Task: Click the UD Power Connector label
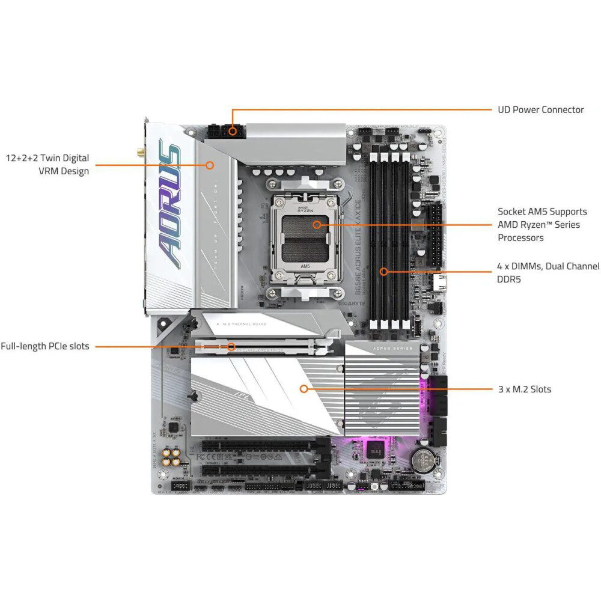540,109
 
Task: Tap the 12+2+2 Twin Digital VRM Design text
47,164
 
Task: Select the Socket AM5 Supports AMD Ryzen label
542,224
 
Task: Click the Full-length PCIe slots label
45,346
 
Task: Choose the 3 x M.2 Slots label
524,389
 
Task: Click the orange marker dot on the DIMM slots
383,272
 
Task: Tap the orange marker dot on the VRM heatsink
210,164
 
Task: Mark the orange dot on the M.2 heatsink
304,389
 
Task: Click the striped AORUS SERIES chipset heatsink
382,388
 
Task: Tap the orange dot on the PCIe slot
231,346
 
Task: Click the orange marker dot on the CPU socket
317,225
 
